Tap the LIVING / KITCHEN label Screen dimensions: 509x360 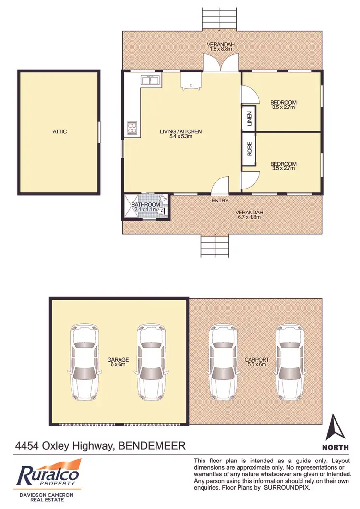pos(181,131)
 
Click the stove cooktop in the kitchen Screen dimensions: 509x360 pos(132,128)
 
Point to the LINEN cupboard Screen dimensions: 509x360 pos(249,118)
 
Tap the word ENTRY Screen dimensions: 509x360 pos(220,201)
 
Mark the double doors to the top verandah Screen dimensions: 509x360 pos(220,63)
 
